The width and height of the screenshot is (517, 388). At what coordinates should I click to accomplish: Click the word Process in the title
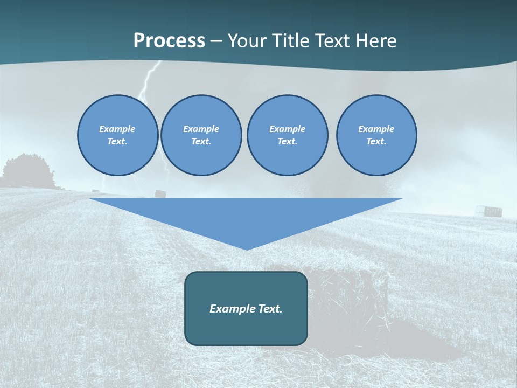click(x=169, y=41)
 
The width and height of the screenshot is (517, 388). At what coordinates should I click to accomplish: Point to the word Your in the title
click(x=247, y=41)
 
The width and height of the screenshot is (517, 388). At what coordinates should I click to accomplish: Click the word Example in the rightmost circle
click(x=376, y=129)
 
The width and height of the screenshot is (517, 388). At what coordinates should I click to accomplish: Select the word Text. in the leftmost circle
click(x=117, y=142)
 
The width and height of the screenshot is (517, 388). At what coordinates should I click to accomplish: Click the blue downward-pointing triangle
click(x=246, y=216)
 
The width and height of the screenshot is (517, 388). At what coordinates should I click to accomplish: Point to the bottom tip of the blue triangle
click(x=247, y=249)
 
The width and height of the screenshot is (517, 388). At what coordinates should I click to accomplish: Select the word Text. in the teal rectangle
click(x=270, y=309)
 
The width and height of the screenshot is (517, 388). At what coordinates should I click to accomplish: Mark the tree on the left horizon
click(x=27, y=170)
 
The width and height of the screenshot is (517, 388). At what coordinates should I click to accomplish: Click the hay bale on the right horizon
click(x=492, y=211)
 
